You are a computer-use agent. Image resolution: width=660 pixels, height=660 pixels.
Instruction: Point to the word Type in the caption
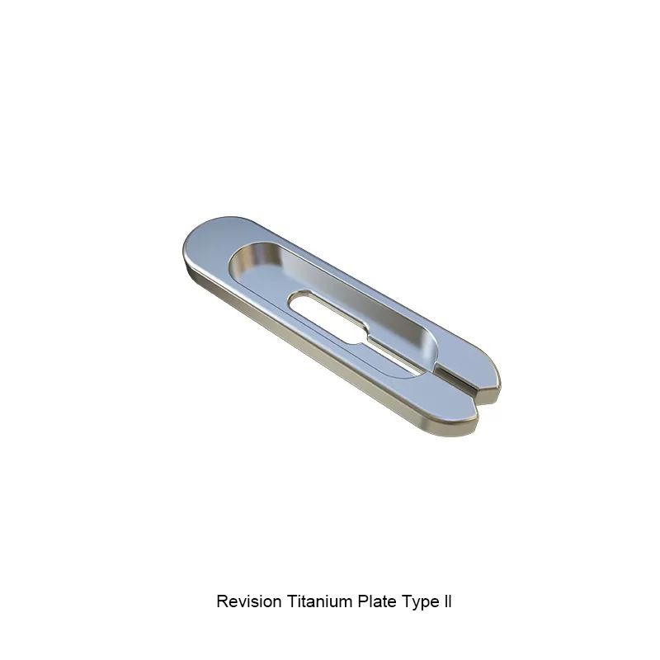coord(419,602)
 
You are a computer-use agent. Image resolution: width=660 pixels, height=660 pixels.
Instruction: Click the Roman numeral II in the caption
coord(447,601)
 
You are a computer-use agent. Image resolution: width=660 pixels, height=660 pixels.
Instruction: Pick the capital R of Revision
coord(221,601)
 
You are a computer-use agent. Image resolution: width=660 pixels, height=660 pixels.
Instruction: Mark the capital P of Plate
coord(360,601)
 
